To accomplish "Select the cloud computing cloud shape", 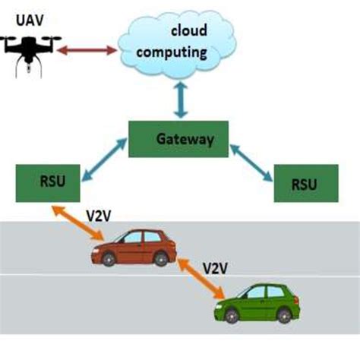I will point(175,45).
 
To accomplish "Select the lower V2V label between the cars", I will point(217,268).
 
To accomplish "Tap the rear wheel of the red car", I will point(162,261).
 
